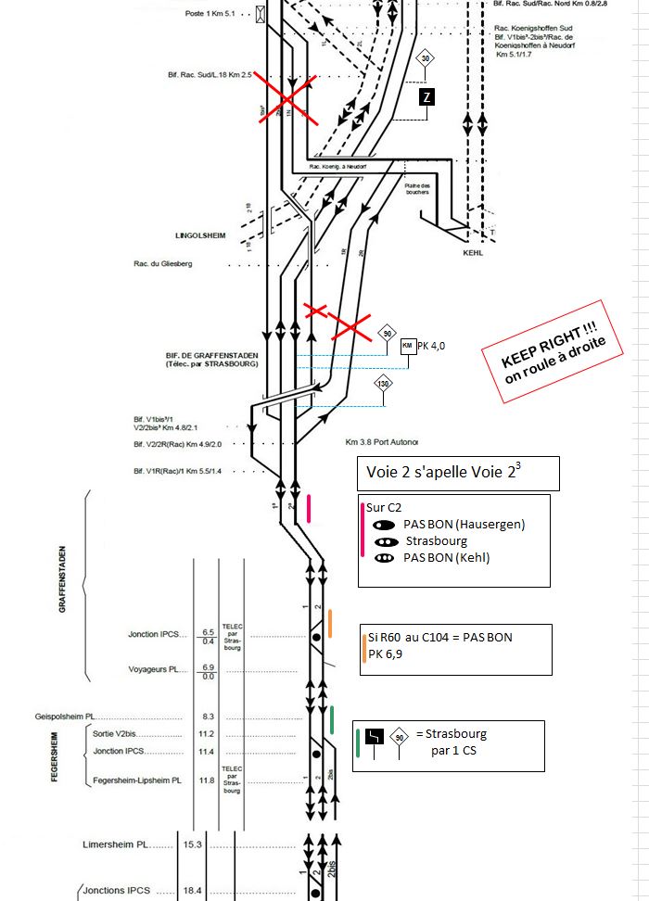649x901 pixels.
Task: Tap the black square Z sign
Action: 426,98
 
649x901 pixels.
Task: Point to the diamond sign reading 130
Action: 384,384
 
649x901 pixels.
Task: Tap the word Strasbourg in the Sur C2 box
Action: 436,540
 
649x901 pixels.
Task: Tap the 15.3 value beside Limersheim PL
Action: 192,844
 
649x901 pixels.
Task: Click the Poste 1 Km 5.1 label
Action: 210,15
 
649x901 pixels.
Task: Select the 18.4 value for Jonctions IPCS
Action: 192,890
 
